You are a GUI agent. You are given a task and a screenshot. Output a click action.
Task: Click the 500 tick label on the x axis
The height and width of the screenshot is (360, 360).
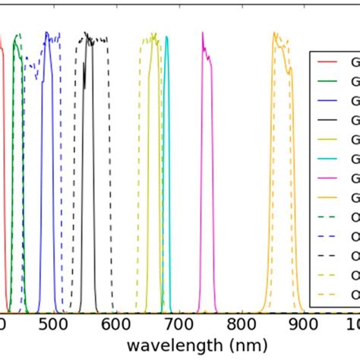click(x=52, y=325)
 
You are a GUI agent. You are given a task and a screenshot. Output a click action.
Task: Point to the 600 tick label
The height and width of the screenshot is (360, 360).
click(x=115, y=325)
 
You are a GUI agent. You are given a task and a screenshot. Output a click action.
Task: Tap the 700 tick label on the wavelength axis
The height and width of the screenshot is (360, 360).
click(x=178, y=325)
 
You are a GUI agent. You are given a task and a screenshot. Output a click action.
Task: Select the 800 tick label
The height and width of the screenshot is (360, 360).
click(x=242, y=325)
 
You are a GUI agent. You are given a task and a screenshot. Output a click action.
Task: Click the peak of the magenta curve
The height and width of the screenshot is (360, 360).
click(x=203, y=33)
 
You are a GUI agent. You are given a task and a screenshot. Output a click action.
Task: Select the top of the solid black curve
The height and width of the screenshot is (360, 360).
click(x=87, y=33)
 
